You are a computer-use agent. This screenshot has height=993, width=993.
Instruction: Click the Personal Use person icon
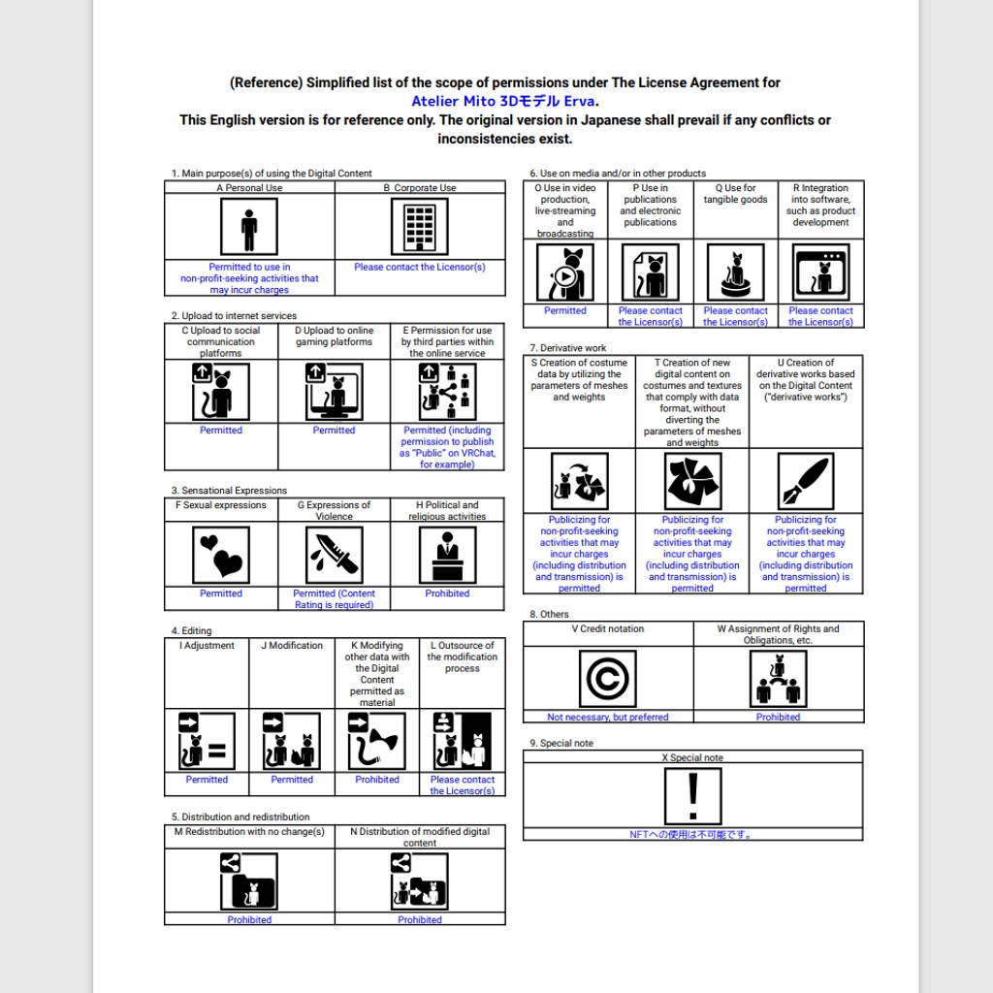tap(249, 227)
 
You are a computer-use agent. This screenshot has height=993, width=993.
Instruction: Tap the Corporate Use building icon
tap(420, 227)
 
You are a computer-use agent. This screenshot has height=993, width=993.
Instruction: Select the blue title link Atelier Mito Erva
tap(504, 101)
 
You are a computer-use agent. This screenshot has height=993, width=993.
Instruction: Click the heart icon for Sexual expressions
tap(221, 555)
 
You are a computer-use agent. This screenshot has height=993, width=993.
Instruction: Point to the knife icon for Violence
tap(335, 555)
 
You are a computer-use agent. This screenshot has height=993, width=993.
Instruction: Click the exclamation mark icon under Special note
tap(692, 797)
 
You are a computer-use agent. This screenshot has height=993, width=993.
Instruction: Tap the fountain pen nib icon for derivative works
tap(805, 481)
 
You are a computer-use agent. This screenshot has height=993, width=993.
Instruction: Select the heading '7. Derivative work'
tap(568, 348)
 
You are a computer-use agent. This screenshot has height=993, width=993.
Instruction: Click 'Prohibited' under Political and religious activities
tap(447, 593)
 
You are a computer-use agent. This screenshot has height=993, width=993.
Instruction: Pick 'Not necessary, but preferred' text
tap(607, 718)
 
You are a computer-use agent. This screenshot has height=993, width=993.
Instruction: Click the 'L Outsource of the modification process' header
tap(463, 657)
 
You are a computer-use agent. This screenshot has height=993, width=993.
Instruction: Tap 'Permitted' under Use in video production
tap(565, 311)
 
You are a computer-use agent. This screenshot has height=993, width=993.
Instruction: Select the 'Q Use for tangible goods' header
tap(735, 194)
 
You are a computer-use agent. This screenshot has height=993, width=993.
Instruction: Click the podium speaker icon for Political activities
tap(447, 555)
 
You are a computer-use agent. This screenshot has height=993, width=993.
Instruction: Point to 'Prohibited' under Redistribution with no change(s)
tap(249, 919)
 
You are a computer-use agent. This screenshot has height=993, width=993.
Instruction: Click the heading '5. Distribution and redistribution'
tap(240, 817)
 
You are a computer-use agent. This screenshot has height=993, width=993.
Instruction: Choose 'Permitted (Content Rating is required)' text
tap(335, 599)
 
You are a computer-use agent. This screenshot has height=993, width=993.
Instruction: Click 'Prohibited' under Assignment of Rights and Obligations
tap(778, 718)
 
